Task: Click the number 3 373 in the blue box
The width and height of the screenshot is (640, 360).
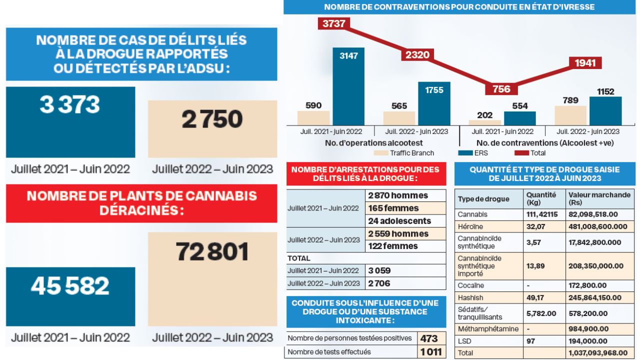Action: pos(70,105)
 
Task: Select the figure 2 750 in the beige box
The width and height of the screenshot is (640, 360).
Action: pos(212,120)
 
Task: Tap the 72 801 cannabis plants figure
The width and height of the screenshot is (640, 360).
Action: pos(212,252)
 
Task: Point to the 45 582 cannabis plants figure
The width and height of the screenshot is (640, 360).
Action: pos(70,286)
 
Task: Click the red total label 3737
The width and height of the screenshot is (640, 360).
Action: pos(334,23)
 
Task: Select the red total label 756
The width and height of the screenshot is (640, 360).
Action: pos(501,89)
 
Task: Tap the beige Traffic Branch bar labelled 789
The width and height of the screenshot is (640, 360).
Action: pos(570,115)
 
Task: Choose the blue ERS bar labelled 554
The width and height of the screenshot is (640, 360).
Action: pos(519,118)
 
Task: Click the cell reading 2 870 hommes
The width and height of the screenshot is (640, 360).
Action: pos(398,195)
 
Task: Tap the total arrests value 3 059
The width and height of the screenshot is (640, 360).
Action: pos(379,270)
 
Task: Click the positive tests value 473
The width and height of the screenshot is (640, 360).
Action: pos(429,338)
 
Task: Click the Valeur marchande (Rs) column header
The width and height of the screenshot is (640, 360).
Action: pos(599,198)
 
